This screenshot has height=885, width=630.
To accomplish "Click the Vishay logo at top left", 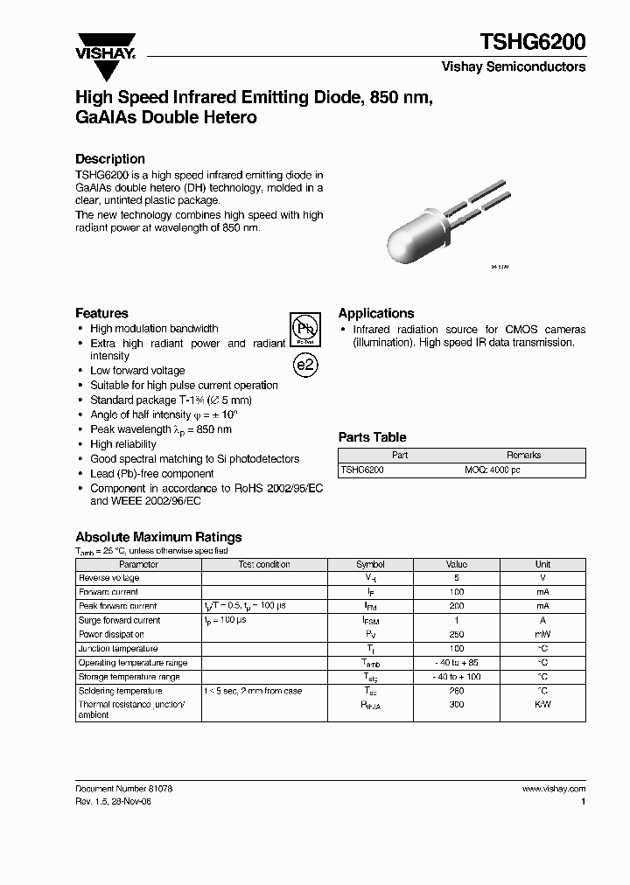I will (x=104, y=45).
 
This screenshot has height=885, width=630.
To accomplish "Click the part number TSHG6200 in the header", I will (x=533, y=41).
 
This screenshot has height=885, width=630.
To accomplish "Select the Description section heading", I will (x=109, y=159).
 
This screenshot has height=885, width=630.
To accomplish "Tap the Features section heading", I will (x=101, y=313).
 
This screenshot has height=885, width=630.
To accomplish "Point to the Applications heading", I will (x=376, y=313).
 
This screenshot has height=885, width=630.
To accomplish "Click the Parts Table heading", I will (x=372, y=437).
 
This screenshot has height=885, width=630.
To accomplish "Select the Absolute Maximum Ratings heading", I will (x=158, y=537).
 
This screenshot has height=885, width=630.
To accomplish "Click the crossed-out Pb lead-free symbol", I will (x=304, y=331).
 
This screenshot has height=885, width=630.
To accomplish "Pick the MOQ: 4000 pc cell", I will (x=492, y=470).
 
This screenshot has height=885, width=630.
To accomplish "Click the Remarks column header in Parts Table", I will (x=523, y=455).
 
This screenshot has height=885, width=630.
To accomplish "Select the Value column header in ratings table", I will (x=456, y=564).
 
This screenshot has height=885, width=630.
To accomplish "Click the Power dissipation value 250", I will (x=456, y=634).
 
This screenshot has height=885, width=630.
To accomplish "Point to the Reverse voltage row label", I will (x=109, y=578).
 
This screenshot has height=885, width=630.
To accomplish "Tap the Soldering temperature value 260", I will (x=456, y=691).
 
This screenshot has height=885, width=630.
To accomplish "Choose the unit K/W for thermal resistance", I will (x=542, y=704).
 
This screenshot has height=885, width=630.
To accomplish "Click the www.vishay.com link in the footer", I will (x=553, y=789).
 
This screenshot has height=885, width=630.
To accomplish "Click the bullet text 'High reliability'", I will (x=123, y=444).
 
